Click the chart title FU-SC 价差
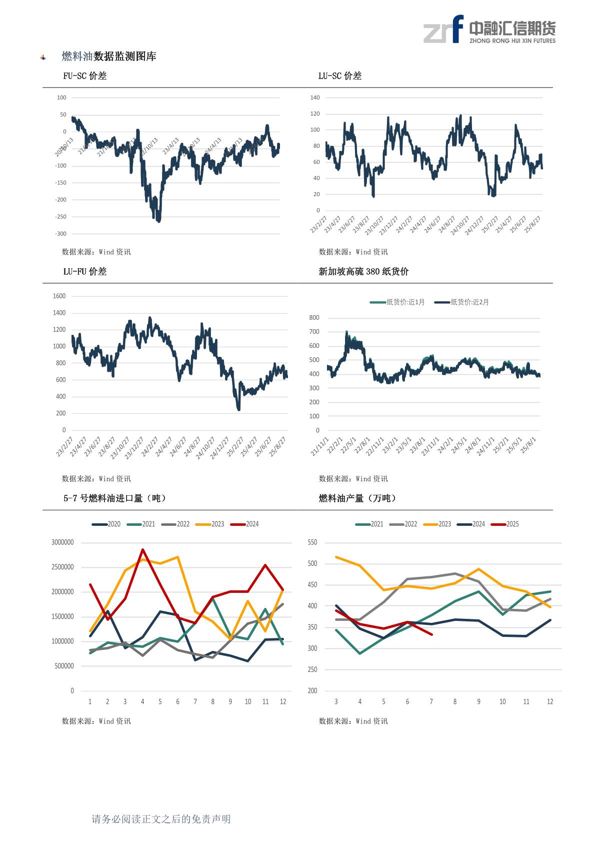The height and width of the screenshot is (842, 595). (x=84, y=76)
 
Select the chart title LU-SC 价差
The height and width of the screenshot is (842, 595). (x=339, y=76)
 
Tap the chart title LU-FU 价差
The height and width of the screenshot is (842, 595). (x=84, y=272)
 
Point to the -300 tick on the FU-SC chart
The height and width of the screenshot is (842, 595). (x=60, y=234)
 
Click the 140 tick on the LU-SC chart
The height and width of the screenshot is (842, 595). (x=314, y=98)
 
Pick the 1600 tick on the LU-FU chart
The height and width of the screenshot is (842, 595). (x=59, y=296)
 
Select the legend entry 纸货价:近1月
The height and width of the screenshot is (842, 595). (x=397, y=302)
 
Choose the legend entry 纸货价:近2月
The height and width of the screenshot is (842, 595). (x=462, y=302)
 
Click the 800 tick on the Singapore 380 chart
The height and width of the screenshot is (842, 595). (x=314, y=318)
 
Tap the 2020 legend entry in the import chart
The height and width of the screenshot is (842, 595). (x=106, y=524)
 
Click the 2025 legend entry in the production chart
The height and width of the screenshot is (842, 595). (x=505, y=524)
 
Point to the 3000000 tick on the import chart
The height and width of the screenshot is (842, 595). (x=62, y=542)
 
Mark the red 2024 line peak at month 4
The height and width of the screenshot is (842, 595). (x=142, y=549)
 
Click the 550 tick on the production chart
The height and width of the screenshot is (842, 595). (x=312, y=542)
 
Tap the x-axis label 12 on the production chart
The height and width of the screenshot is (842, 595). (x=550, y=702)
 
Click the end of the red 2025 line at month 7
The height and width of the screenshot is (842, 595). (x=431, y=634)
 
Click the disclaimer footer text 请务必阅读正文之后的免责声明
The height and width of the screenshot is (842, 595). (x=161, y=819)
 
